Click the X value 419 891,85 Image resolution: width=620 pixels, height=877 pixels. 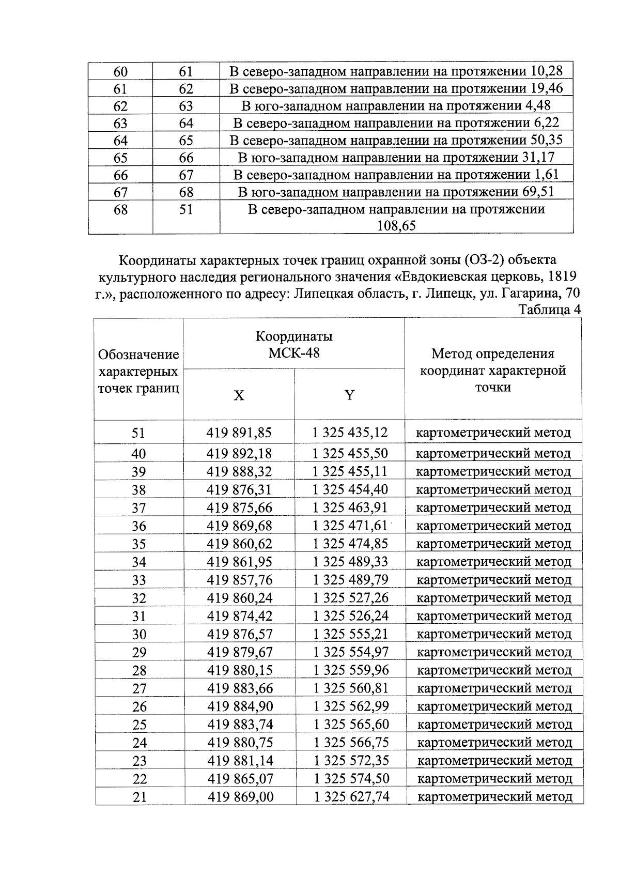239,432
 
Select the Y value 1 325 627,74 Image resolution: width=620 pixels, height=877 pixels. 351,796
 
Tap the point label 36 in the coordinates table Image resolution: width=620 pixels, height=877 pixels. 139,526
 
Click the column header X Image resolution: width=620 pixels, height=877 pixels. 239,395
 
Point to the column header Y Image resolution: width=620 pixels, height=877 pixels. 350,395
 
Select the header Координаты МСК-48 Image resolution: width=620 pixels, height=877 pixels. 294,344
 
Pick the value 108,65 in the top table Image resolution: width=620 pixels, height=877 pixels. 397,226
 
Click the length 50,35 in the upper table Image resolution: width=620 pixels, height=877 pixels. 547,140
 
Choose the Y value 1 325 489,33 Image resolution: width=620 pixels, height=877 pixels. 351,561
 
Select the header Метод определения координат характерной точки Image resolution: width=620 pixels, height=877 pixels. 493,370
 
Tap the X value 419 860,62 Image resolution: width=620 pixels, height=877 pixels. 240,543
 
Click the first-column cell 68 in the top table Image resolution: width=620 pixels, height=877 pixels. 120,210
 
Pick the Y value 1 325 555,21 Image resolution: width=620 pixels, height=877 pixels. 351,634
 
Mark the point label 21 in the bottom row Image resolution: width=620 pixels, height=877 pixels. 139,797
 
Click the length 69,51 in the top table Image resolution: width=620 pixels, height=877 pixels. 537,192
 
